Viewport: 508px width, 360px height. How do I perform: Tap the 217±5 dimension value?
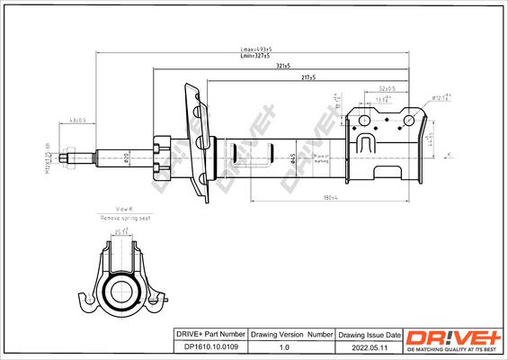coord(308,79)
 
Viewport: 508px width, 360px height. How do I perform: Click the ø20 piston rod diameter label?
coord(127,158)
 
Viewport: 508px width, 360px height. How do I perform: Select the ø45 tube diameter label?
coord(295,158)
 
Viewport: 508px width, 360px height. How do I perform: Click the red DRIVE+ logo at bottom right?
coord(453,335)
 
